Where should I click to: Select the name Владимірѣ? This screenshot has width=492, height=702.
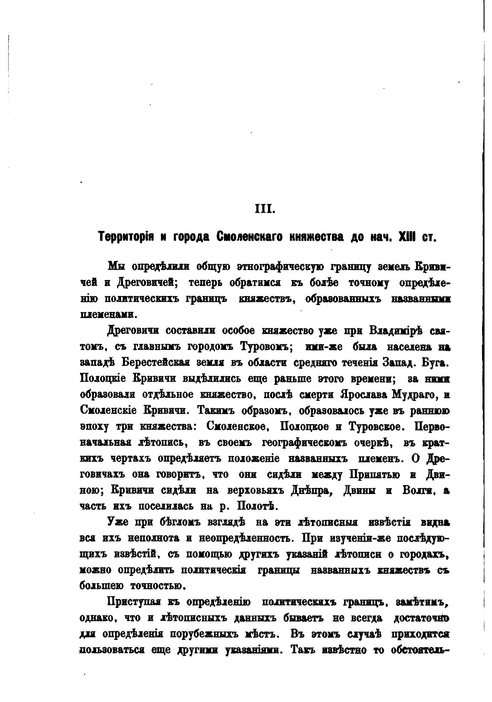tap(396, 331)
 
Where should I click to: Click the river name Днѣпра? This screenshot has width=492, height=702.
tap(312, 490)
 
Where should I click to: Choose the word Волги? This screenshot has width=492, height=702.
tap(418, 490)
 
